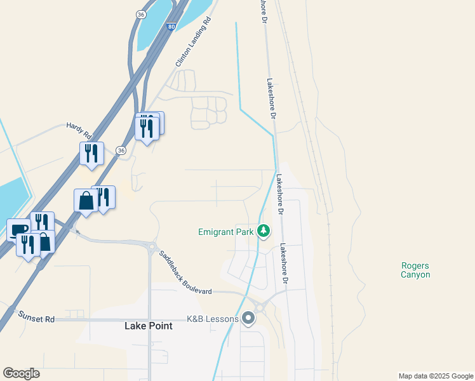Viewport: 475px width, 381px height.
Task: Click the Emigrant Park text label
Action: (225, 232)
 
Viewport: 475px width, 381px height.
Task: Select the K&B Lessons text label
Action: (212, 319)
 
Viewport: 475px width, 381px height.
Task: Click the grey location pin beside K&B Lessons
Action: (248, 317)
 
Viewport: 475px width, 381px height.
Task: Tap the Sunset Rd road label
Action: (36, 317)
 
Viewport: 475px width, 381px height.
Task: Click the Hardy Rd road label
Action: (79, 131)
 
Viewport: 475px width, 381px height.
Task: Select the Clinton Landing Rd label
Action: (192, 43)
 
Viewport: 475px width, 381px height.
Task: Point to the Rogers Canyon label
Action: (415, 270)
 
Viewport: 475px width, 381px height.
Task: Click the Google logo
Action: (21, 373)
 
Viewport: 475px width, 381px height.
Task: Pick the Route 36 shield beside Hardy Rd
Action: (121, 150)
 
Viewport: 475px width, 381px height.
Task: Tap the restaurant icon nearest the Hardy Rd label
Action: (91, 154)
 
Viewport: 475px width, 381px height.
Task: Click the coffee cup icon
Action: (18, 229)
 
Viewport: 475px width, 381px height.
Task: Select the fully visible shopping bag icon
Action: (86, 201)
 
